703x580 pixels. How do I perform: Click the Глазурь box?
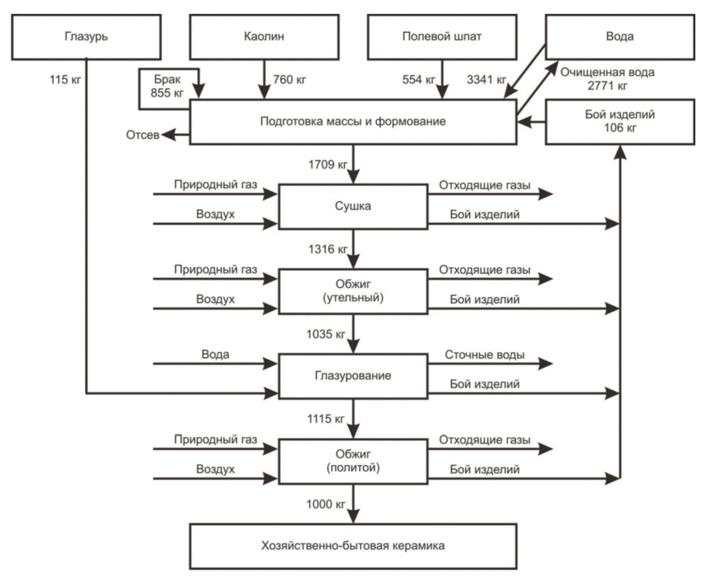coord(86,37)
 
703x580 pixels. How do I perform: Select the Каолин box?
coord(264,37)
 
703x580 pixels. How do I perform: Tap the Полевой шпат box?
coord(442,37)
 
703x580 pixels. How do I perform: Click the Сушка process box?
coord(353,207)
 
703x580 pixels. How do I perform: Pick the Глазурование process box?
coord(353,376)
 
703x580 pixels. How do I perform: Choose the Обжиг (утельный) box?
coord(353,291)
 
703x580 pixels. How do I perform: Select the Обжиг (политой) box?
coord(353,461)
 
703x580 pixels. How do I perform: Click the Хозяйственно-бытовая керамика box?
coord(353,546)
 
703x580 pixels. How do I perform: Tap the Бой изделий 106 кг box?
coord(620,122)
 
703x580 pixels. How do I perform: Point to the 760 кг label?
coord(290,80)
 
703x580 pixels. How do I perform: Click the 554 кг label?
coord(418,80)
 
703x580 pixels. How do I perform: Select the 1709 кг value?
coord(328,164)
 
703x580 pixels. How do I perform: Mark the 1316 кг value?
coord(328,249)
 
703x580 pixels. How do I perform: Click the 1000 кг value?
coord(326,504)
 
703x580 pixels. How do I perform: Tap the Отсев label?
coord(142,135)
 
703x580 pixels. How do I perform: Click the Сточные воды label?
coord(485,355)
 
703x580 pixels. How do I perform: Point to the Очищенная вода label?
coord(607,72)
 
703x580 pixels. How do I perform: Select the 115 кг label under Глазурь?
coord(66,80)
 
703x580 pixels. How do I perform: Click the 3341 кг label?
coord(487,80)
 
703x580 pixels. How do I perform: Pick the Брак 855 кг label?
coord(167,86)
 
